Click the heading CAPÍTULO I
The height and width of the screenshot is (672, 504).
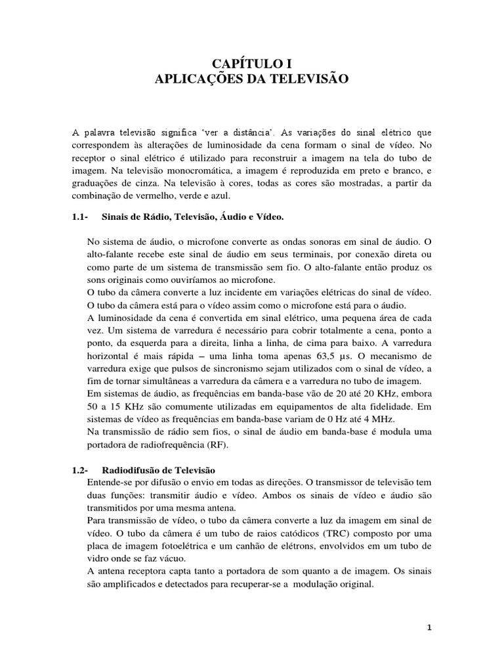point(251,64)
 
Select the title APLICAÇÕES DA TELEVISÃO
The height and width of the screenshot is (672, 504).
point(251,79)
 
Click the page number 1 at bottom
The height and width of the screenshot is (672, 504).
point(430,629)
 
